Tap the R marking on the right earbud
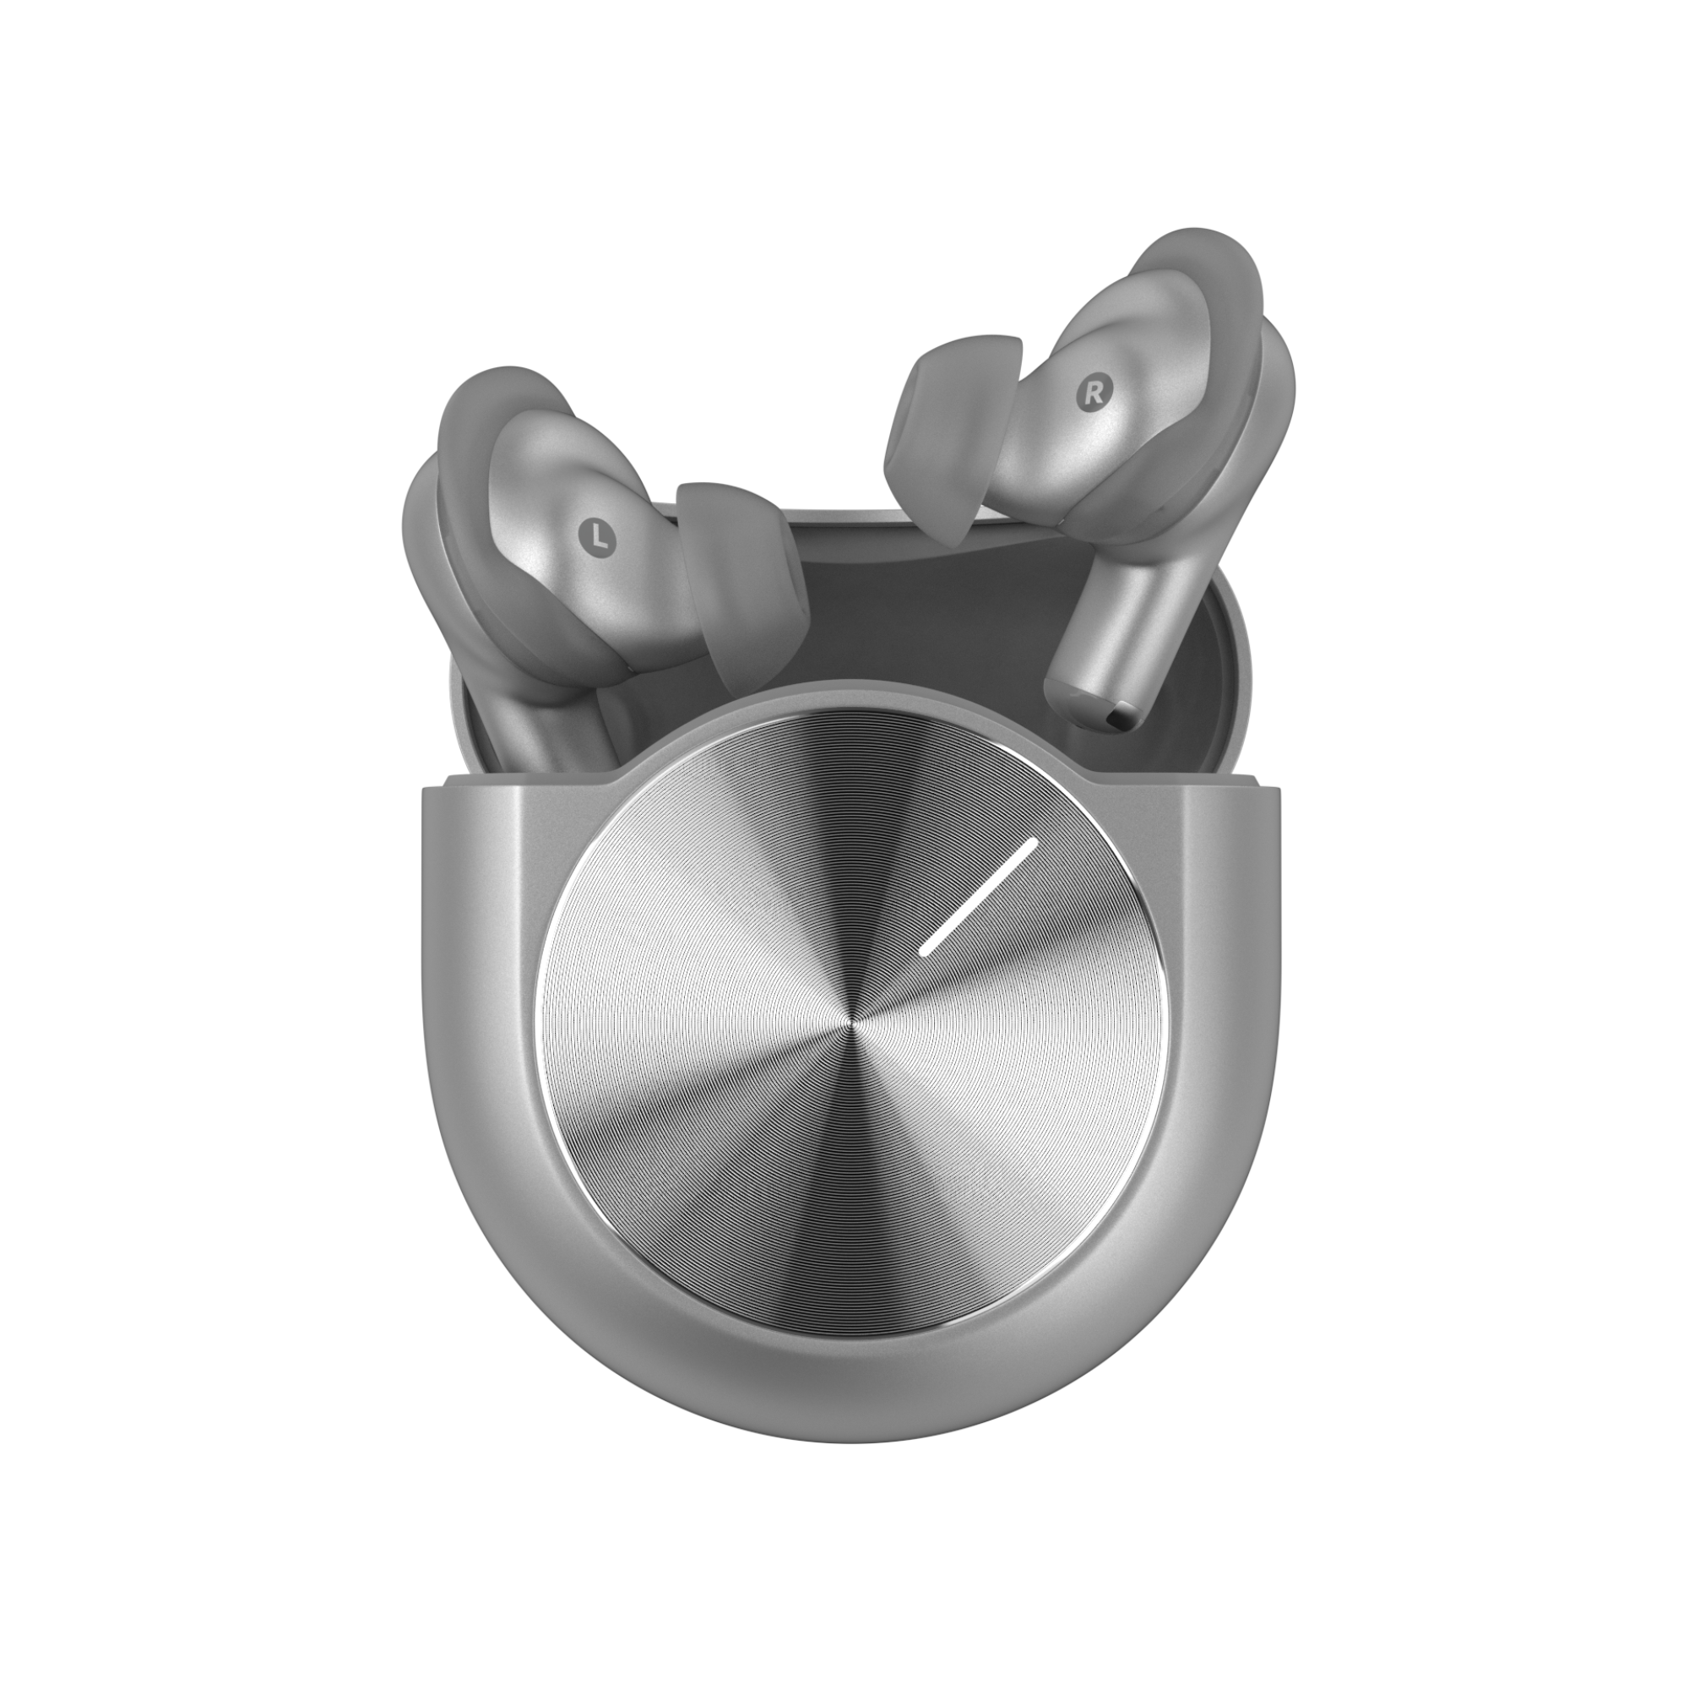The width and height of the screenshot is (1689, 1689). [1092, 394]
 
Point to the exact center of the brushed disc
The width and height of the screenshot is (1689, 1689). [850, 1023]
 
